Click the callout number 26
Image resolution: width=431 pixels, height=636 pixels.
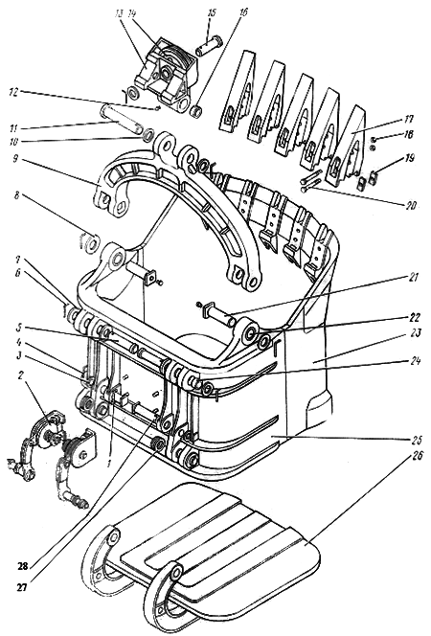418,456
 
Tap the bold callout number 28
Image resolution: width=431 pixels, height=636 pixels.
22,566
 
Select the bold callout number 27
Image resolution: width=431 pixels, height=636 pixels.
21,586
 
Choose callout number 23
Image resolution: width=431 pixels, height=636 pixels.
416,333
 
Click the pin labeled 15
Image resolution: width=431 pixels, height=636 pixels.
210,46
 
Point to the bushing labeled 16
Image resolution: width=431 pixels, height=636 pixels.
195,110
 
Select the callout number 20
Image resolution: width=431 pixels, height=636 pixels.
410,205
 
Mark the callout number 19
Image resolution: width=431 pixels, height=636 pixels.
409,158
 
